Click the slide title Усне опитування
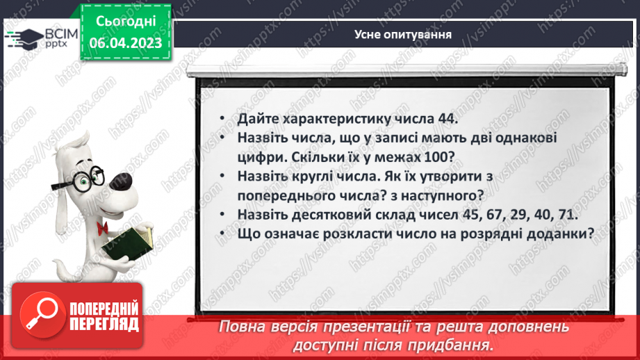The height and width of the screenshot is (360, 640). click(x=403, y=34)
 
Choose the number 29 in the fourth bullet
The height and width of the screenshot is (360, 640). click(x=490, y=215)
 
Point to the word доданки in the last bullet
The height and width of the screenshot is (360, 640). click(x=557, y=235)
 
